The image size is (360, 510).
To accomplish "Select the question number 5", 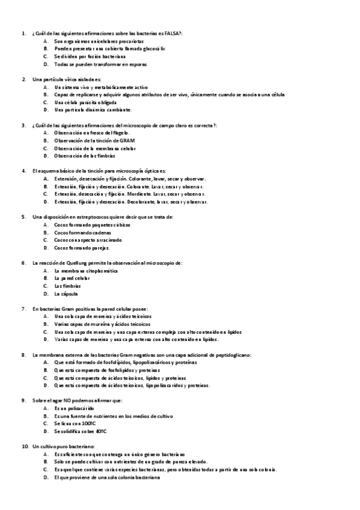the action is point(23,217).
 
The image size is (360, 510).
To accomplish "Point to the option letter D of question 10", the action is point(46,478).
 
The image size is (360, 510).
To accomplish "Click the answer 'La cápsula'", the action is point(66,294).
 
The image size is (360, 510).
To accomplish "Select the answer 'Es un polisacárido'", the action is point(74,408).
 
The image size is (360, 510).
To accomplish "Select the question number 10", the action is point(24,447).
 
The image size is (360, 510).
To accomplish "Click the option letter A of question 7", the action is point(46,316).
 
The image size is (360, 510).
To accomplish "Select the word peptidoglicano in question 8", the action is point(230,355).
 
